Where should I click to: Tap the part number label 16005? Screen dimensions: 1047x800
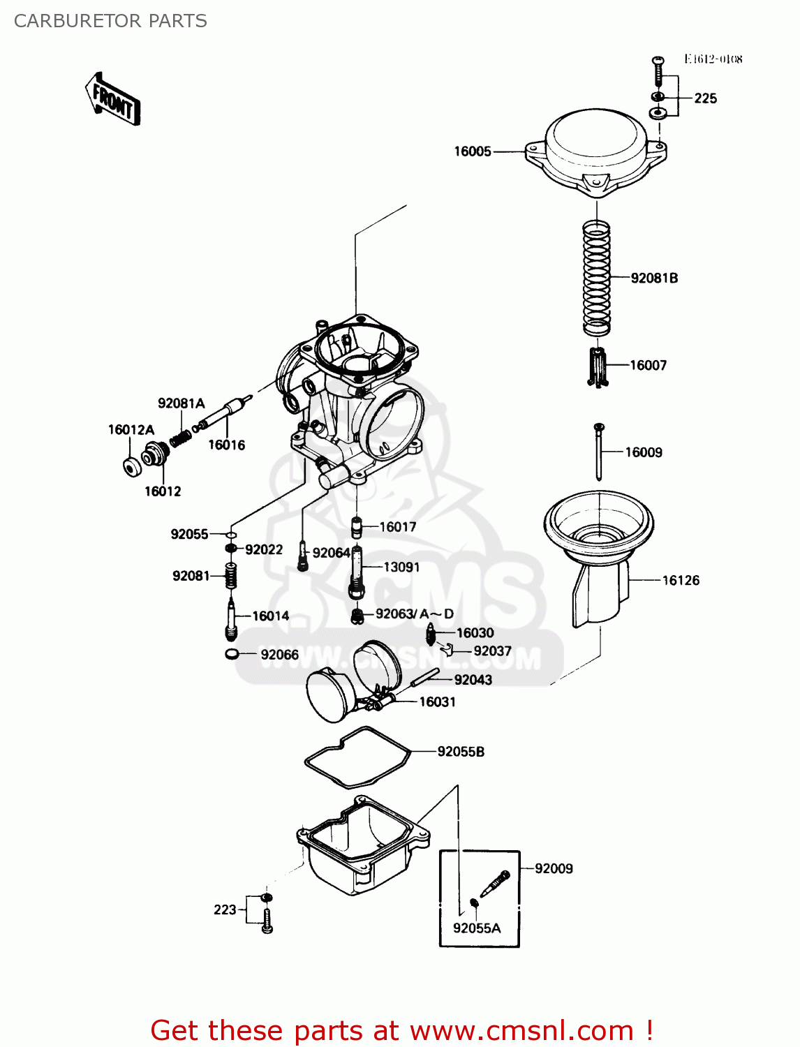tap(473, 151)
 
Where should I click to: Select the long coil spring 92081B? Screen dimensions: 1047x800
tap(597, 276)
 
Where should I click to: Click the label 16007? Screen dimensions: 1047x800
tap(648, 365)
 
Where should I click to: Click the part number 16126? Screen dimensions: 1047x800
tap(680, 580)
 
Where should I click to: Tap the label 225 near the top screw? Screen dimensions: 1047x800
tap(705, 98)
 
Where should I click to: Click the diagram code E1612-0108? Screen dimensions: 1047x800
tap(713, 59)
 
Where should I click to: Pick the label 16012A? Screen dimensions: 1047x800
tap(131, 430)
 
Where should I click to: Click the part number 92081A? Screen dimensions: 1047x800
tap(181, 403)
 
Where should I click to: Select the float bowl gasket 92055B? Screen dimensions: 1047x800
tap(357, 757)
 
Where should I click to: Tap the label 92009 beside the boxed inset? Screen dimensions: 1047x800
tap(554, 868)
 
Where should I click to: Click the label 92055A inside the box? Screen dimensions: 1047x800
tap(477, 928)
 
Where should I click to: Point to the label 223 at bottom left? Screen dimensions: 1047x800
tap(225, 909)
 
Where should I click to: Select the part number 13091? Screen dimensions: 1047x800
tap(401, 567)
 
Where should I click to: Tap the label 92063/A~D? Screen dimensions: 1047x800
tap(414, 614)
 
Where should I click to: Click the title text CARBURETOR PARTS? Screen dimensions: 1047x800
tap(110, 21)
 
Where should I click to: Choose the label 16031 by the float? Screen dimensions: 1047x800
tap(437, 702)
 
